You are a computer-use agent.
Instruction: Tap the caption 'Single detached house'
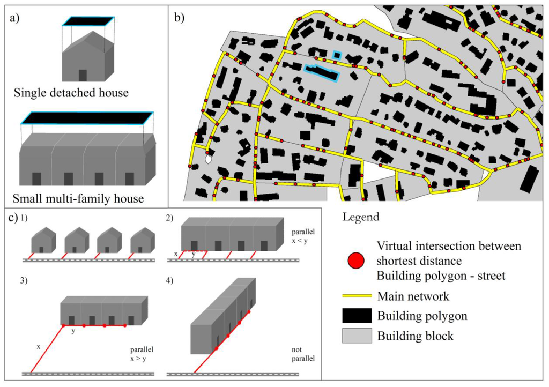pos(71,93)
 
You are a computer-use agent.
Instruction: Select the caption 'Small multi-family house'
pos(79,199)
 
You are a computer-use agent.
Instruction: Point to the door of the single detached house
pos(82,75)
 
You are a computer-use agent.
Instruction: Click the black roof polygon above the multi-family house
pos(87,118)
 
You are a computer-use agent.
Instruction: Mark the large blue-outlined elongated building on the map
pos(322,73)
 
